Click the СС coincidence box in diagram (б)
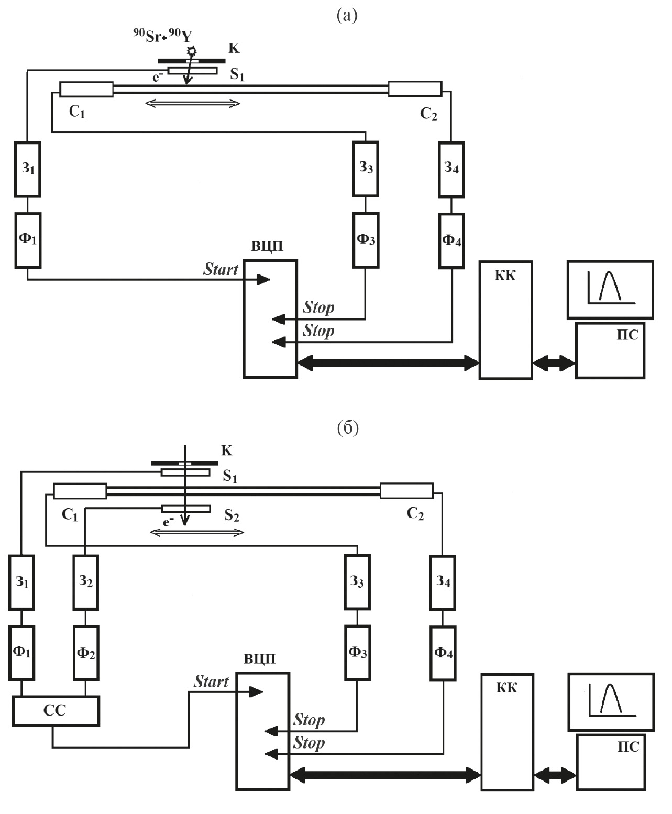[56, 711]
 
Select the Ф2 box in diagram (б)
[85, 653]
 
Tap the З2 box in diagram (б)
[85, 581]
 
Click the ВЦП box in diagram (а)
[270, 318]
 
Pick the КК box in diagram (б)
[506, 731]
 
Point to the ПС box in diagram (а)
[610, 350]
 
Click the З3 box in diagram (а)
[366, 168]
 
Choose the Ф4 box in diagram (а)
[451, 240]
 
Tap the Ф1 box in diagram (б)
[21, 653]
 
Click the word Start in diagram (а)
[221, 269]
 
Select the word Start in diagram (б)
[211, 681]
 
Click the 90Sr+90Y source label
[162, 36]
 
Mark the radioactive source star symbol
[192, 50]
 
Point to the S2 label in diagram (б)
[232, 515]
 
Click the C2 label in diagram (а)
[428, 114]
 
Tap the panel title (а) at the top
[347, 16]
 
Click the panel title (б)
[348, 428]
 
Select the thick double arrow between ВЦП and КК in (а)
[388, 362]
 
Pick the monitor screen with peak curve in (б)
[611, 702]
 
